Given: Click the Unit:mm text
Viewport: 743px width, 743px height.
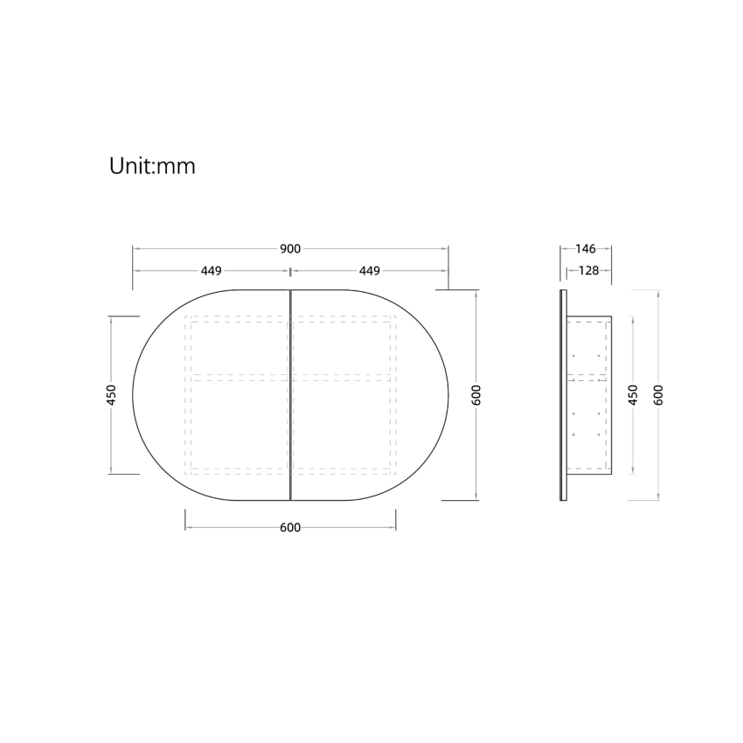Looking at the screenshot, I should [152, 166].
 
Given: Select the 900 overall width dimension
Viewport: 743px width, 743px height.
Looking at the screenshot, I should [290, 249].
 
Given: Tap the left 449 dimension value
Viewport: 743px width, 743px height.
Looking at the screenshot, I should [211, 271].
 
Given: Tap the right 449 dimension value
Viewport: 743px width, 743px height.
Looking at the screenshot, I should [368, 271].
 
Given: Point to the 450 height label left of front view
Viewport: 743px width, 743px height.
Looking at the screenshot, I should [111, 395].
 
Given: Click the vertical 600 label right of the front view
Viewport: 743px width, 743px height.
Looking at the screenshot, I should [476, 395].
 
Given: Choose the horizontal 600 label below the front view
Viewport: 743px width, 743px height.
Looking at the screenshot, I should [290, 528].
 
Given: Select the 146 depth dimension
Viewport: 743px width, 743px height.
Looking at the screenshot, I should [586, 249].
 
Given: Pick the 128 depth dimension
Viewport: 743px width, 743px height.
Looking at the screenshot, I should [588, 271].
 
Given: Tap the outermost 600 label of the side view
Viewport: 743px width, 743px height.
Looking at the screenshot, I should [658, 395].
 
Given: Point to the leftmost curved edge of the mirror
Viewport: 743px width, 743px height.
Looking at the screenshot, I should [133, 395].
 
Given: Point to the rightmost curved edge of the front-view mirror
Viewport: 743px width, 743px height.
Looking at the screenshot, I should [448, 395].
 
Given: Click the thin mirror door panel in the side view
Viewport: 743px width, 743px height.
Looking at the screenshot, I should [563, 395].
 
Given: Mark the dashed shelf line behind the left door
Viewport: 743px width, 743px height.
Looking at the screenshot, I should [238, 376].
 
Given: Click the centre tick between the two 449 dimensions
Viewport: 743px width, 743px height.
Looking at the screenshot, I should [290, 271].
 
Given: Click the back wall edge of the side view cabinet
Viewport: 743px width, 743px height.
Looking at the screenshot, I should [610, 395].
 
